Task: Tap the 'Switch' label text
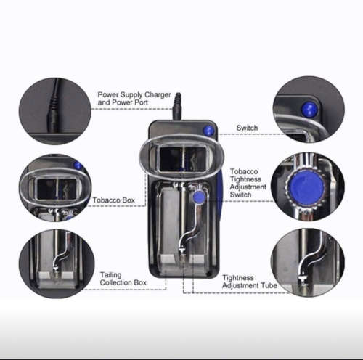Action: (x=247, y=128)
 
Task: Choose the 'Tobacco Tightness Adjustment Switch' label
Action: (x=248, y=184)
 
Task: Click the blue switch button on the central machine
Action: (x=209, y=131)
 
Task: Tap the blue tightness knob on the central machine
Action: (x=198, y=197)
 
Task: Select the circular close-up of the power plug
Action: (x=54, y=110)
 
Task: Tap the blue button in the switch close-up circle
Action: (x=310, y=110)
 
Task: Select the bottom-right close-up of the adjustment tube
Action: (x=307, y=262)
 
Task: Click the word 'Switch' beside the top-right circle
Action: (x=247, y=128)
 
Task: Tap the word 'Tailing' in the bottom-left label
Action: (x=111, y=274)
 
